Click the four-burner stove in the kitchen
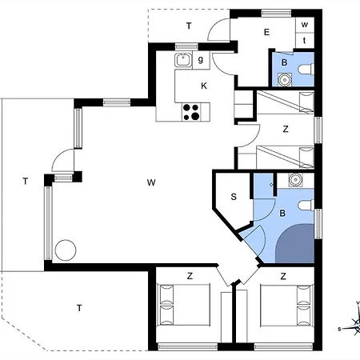pyautogui.click(x=192, y=112)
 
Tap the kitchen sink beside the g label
pyautogui.click(x=184, y=58)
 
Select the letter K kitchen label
pyautogui.click(x=205, y=86)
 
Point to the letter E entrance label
pyautogui.click(x=266, y=33)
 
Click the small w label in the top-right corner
pyautogui.click(x=305, y=25)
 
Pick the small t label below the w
pyautogui.click(x=305, y=40)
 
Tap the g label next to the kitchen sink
pyautogui.click(x=201, y=58)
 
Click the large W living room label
pyautogui.click(x=150, y=182)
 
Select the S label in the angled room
pyautogui.click(x=234, y=197)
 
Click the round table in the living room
pyautogui.click(x=64, y=250)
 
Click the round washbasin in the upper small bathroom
pyautogui.click(x=284, y=78)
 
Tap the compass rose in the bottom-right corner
pyautogui.click(x=352, y=320)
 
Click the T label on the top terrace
pyautogui.click(x=189, y=26)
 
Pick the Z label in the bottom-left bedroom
pyautogui.click(x=190, y=276)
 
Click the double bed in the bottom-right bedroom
pyautogui.click(x=283, y=308)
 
